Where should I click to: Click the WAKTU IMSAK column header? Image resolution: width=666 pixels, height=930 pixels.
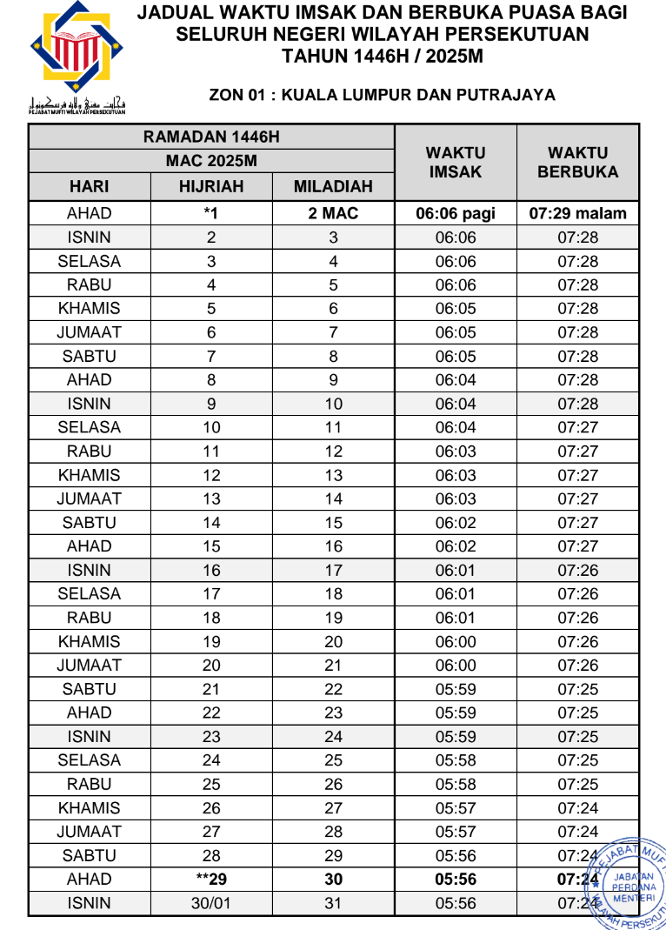pos(455,163)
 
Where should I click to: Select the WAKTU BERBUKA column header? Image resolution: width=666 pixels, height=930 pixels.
pos(577,163)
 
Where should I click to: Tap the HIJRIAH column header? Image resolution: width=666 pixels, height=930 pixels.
pos(211,186)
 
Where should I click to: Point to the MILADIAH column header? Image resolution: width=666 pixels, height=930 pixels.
pos(333,186)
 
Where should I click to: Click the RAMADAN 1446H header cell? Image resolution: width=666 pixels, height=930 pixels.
pos(211,137)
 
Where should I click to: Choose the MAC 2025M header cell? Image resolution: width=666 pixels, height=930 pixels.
pos(211,161)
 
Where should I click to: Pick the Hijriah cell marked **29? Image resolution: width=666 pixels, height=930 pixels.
pos(210,880)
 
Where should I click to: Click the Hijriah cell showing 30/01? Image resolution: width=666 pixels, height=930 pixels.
pos(210,903)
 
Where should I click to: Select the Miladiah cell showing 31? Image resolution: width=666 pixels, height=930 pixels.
pos(333,903)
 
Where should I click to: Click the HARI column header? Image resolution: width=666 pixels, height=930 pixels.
pos(89,186)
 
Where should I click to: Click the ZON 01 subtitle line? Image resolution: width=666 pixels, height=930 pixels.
pos(383,95)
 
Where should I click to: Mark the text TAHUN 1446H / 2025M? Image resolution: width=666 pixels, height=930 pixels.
pos(383,56)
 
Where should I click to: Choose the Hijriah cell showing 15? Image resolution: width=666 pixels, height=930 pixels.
pos(210,546)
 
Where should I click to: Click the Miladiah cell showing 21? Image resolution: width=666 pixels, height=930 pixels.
pos(333,666)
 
